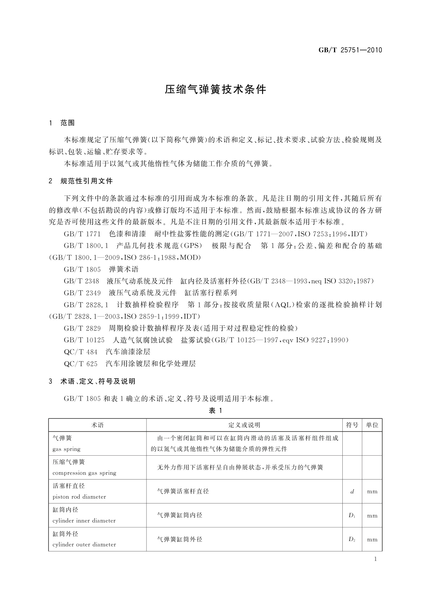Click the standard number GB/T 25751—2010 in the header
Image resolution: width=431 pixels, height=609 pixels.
(x=350, y=50)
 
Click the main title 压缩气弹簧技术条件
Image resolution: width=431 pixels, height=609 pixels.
(x=215, y=90)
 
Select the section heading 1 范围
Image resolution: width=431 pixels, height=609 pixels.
(x=62, y=123)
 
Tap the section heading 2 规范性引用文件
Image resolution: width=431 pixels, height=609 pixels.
(x=81, y=181)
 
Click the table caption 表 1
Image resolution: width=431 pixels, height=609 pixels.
(x=215, y=410)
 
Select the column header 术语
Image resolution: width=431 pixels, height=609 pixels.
(x=97, y=425)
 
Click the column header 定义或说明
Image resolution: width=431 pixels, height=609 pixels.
(x=244, y=425)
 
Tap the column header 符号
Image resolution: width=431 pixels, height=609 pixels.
(x=352, y=425)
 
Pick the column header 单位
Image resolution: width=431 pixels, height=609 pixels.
(x=372, y=425)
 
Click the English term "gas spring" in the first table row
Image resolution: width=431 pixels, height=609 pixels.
(x=67, y=449)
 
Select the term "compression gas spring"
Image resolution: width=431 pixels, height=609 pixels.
(x=84, y=473)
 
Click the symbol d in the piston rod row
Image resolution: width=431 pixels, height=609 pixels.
(x=352, y=491)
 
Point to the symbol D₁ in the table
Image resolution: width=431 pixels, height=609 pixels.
(x=352, y=515)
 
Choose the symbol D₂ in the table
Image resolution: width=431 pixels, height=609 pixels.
(x=352, y=539)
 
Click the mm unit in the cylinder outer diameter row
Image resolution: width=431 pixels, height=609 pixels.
(x=372, y=540)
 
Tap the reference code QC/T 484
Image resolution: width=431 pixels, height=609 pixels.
(x=80, y=352)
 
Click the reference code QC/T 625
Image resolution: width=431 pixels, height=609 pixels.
(x=80, y=363)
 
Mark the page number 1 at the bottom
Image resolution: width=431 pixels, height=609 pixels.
(x=375, y=559)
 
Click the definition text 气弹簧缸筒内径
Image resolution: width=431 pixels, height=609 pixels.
(x=180, y=515)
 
